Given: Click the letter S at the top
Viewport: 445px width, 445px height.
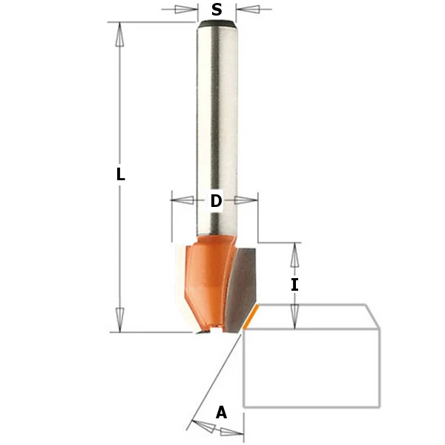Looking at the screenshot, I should coord(217,10).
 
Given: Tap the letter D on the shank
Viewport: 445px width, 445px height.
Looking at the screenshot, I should coord(216,201).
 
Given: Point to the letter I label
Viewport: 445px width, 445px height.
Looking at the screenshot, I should coord(294,284).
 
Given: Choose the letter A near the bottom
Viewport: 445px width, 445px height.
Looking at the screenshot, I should coord(221,413).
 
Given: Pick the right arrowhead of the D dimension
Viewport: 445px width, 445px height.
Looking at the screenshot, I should coord(250,200).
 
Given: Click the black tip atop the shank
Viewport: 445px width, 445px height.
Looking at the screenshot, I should coord(217,24).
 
